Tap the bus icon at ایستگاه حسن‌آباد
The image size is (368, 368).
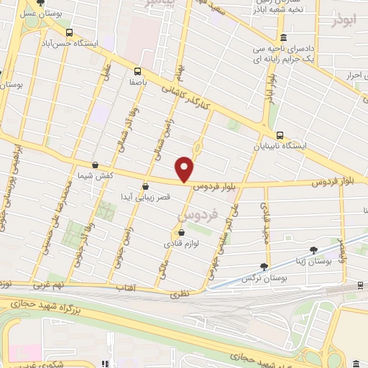(x=69, y=32)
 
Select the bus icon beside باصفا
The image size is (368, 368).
(x=137, y=70)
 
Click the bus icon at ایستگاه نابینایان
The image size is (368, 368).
(x=280, y=134)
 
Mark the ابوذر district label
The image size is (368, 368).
(x=344, y=21)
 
